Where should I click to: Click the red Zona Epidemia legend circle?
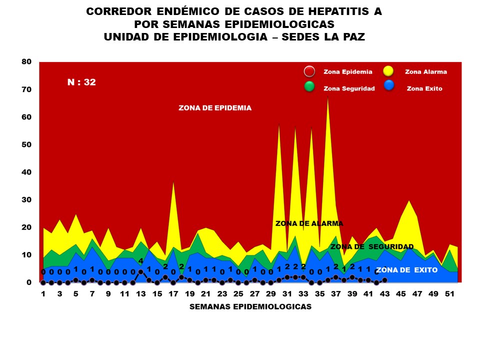coord(310,71)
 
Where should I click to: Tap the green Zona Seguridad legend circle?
coord(310,86)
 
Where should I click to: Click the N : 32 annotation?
coord(81,82)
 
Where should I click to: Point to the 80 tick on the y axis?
coord(26,62)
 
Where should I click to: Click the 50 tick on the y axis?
coord(26,144)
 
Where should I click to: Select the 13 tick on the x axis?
coord(141,293)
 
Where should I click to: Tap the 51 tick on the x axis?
coord(449,293)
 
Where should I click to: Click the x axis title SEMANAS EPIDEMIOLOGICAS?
coord(250,307)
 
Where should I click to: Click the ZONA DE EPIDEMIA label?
coord(215,108)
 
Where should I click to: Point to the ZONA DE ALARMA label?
coord(309,223)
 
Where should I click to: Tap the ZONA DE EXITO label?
coord(406,270)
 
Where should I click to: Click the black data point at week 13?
coord(141,272)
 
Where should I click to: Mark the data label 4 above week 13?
coord(141,261)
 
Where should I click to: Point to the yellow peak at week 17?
coord(173,182)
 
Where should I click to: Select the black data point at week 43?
coord(384,280)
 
